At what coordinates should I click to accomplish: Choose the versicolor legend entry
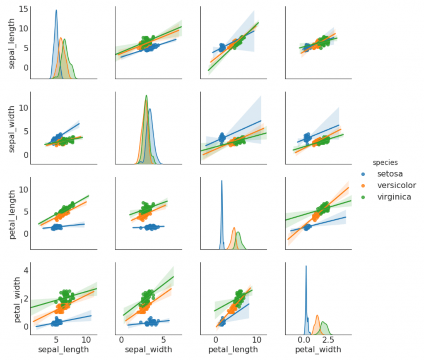(x=396, y=185)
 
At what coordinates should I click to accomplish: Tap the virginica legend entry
(x=394, y=197)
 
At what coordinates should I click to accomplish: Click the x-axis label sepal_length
(x=63, y=350)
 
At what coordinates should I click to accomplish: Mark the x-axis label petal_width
(x=318, y=350)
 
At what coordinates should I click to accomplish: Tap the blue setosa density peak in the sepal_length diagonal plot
(x=56, y=11)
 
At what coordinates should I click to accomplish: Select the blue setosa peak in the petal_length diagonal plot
(x=222, y=181)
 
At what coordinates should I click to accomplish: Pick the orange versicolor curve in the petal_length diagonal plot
(x=234, y=228)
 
